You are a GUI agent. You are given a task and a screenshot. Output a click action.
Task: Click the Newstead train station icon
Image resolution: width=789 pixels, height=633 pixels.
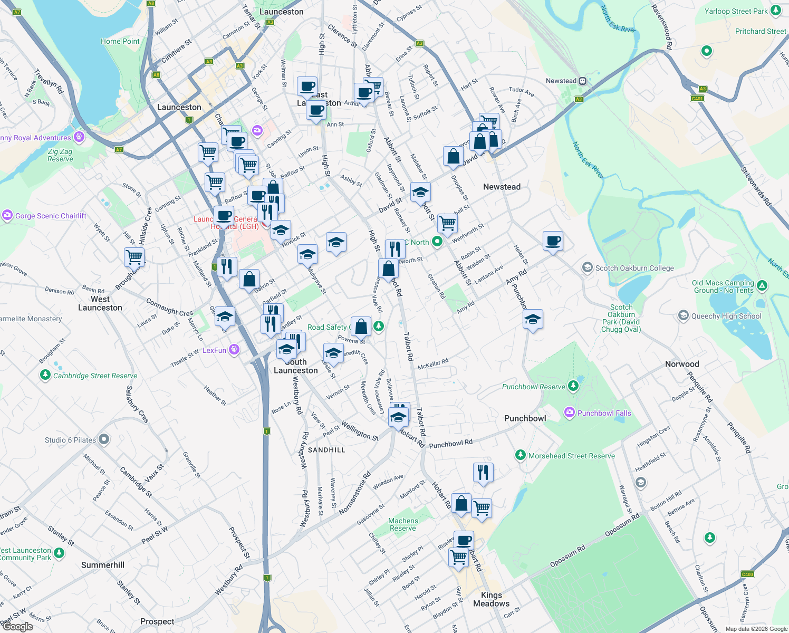coord(582,81)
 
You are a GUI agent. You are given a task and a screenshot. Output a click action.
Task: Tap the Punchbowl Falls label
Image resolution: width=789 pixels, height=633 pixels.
coord(604,413)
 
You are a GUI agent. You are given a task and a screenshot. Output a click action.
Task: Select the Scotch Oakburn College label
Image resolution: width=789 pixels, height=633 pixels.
coord(634,268)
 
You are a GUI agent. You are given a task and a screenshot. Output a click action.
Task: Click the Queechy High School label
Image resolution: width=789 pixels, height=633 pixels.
coord(726,316)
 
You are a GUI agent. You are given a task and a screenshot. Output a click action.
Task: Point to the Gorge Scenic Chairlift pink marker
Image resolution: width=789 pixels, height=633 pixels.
coord(7,215)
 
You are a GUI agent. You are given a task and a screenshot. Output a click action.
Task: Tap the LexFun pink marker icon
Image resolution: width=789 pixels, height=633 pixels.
coord(235,350)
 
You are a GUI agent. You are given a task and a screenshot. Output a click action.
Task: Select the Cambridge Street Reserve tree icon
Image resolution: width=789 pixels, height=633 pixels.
coord(45,375)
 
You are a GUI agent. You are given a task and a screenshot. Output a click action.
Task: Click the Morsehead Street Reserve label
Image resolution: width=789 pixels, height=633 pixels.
coord(572,456)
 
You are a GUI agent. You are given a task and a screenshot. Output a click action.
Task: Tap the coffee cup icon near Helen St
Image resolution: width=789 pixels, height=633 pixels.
coord(553,241)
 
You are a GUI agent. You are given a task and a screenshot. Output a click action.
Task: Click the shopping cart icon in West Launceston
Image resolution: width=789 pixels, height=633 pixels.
coord(134,257)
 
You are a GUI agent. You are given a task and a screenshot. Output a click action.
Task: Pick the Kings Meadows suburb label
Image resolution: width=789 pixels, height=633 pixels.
coord(491,599)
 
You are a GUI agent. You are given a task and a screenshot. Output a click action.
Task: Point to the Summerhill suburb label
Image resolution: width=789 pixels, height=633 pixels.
coord(103,565)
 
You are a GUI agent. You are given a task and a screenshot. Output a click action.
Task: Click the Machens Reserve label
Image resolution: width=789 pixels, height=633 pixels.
coord(403,524)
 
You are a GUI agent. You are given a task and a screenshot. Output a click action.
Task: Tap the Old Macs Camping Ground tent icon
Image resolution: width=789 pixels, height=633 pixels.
coord(762,286)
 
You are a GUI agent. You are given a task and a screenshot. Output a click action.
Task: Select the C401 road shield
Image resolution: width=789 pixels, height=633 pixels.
coord(697,98)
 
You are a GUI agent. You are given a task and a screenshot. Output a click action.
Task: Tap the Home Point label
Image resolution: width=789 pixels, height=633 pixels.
coord(120,41)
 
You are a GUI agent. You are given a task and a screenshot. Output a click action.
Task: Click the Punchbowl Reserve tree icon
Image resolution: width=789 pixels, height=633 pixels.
coord(573,386)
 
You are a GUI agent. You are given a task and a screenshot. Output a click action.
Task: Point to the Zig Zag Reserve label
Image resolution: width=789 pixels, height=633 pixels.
coord(60,155)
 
